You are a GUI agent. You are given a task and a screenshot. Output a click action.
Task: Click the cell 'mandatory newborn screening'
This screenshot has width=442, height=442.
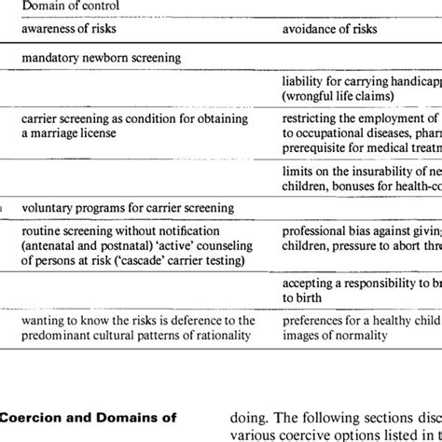101,58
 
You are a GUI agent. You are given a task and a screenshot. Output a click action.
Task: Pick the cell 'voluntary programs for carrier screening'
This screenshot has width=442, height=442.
129,208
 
